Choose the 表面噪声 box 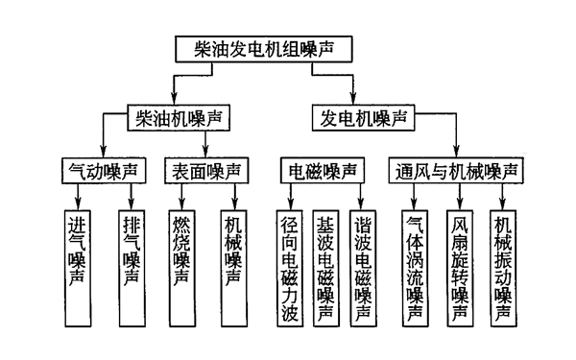coord(205,172)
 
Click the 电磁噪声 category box coord(324,172)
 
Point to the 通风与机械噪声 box coord(458,172)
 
